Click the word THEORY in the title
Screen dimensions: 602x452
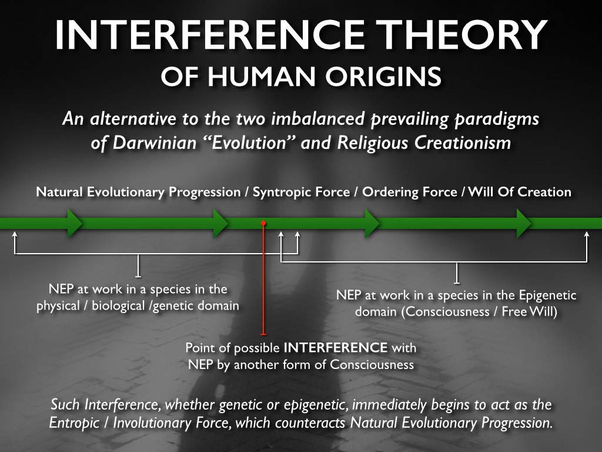tap(461, 35)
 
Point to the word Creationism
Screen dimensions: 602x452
tap(463, 143)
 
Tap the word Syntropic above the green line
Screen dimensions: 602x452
tap(281, 192)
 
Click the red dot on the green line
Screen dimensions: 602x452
tap(263, 223)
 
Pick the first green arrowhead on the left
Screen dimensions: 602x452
tap(75, 223)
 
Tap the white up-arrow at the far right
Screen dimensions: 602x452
tap(587, 247)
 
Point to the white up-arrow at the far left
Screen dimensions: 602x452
tap(15, 242)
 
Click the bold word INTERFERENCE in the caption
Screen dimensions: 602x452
tap(336, 347)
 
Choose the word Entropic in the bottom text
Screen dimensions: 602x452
tap(74, 423)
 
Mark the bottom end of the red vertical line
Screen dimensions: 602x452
tap(263, 334)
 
